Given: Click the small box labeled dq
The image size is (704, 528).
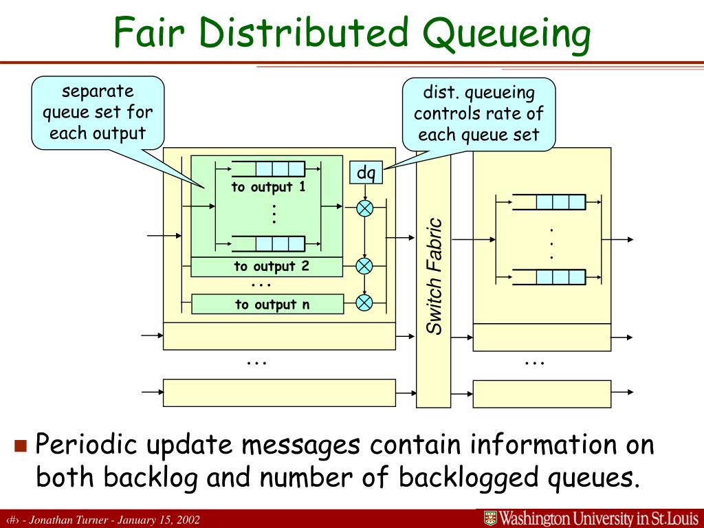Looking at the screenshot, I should pos(366,173).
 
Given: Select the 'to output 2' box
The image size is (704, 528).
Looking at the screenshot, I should pos(266,267).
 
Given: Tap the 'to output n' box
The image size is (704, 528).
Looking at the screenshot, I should pos(266,305).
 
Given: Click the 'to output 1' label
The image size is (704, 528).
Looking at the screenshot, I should pos(268,187).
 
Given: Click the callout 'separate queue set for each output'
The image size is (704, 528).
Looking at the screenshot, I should pos(98,112).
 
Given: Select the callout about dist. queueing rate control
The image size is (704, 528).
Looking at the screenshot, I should pos(478,113).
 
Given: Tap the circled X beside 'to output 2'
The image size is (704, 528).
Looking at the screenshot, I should pos(364,266).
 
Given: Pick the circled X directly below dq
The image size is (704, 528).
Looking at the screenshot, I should pos(364,208).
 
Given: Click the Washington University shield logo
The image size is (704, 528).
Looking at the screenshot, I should pos(490,518).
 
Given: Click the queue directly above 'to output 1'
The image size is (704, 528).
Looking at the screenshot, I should pos(268,168).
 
